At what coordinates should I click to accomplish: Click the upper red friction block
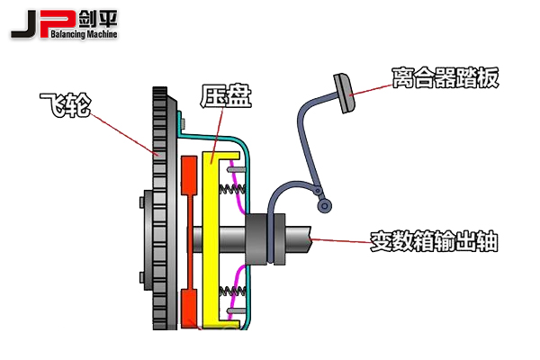click(189, 176)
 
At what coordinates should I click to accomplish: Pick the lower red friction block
click(189, 307)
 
